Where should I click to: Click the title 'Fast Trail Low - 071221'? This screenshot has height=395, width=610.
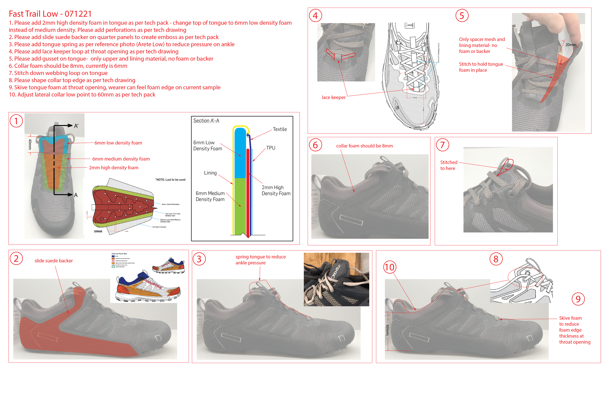click(50, 14)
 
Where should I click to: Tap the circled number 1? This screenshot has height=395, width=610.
click(16, 121)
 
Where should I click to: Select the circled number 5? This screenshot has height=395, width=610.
click(462, 16)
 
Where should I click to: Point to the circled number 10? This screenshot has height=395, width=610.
click(389, 267)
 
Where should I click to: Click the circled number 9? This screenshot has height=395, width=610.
click(578, 299)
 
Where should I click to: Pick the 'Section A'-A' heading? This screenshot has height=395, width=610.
click(206, 121)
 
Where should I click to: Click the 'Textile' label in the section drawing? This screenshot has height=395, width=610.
click(280, 129)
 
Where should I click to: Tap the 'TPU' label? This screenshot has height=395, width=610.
click(271, 148)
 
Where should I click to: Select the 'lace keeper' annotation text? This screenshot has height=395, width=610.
click(334, 97)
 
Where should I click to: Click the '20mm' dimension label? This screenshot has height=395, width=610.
click(570, 45)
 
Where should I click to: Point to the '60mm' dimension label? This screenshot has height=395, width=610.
click(387, 330)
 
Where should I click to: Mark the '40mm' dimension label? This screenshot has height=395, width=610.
click(30, 145)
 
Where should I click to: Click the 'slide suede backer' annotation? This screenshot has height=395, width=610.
click(54, 261)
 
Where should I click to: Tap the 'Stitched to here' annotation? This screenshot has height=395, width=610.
click(448, 166)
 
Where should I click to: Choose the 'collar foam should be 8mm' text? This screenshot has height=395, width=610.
click(364, 146)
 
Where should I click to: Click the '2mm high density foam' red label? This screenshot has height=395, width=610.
click(113, 168)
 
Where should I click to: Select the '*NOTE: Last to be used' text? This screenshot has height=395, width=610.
click(170, 180)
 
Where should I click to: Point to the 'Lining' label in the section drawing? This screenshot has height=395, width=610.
click(210, 173)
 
